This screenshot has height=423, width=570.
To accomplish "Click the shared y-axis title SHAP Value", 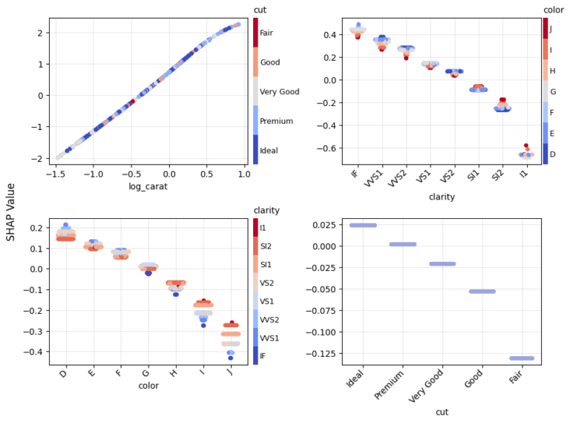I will coord(10,211).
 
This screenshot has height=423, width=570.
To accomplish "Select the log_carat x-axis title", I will coord(149,186).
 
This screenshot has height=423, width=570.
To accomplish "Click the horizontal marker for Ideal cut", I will coord(363,225).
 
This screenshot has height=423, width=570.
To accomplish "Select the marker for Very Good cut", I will coord(442,263).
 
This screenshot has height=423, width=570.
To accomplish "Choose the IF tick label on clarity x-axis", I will coord(356,177).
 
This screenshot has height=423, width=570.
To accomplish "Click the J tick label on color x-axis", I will coord(229,373).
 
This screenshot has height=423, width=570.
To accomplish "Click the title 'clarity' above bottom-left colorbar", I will coord(266,210).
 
